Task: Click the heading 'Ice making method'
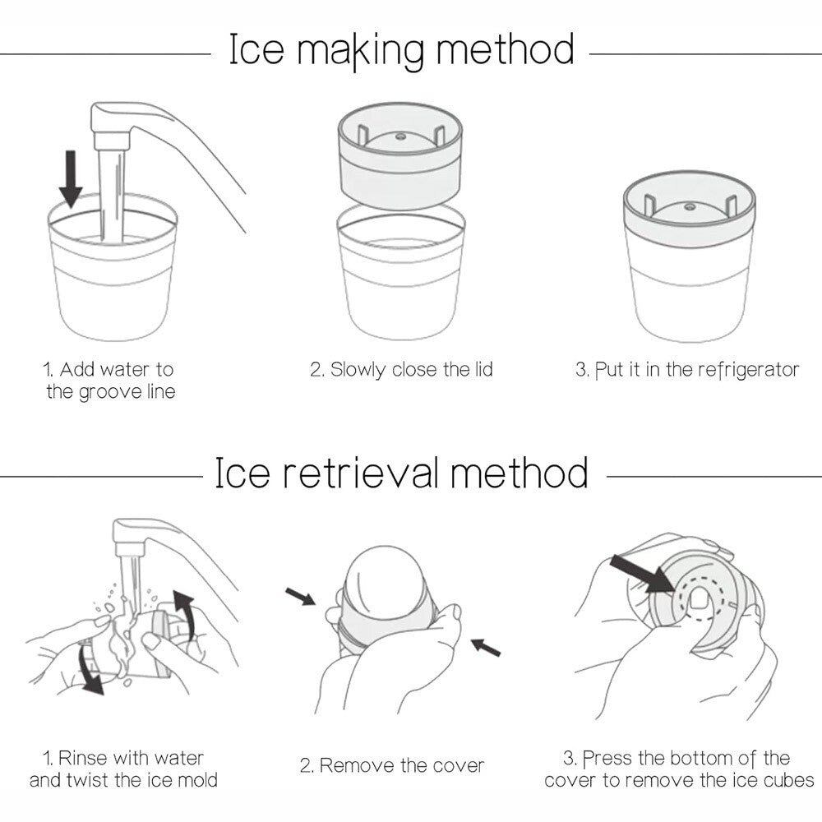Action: (400, 50)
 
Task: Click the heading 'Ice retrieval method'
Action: (400, 474)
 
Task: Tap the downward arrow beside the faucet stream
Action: (72, 178)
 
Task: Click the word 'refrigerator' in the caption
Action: (748, 370)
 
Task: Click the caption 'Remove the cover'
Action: (401, 766)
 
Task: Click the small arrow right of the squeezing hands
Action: (487, 649)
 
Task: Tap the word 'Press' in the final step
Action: (608, 758)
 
